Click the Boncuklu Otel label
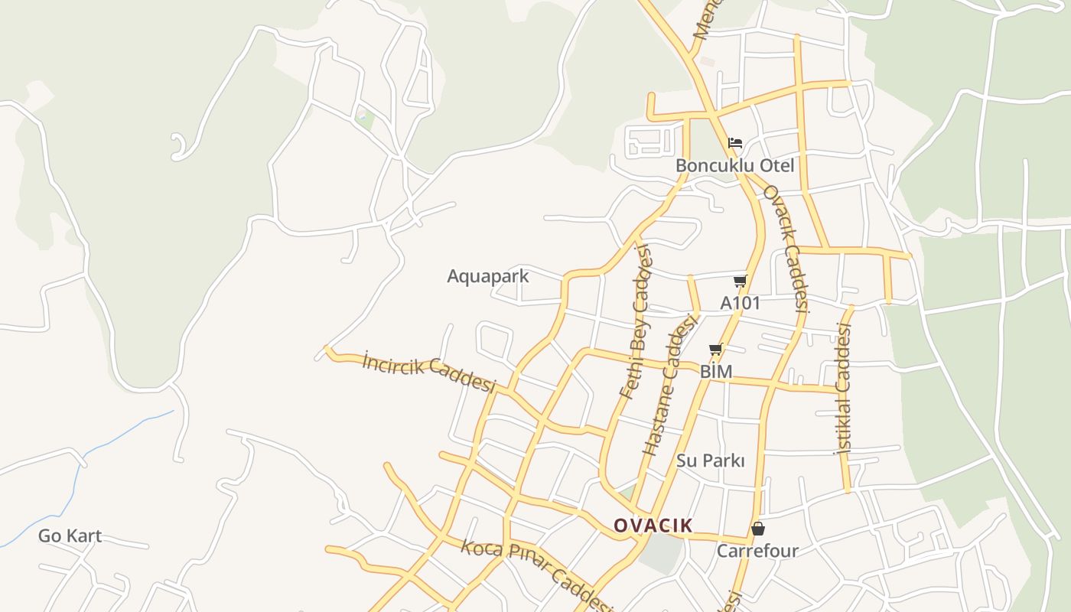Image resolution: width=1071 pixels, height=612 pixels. tap(734, 165)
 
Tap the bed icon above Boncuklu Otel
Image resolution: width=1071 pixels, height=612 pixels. tap(735, 143)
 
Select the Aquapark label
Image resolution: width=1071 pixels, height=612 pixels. tap(487, 276)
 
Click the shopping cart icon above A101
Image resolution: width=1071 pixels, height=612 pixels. tap(740, 282)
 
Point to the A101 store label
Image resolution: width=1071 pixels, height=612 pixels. tap(740, 303)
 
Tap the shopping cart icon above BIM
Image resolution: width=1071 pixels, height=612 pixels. tap(715, 350)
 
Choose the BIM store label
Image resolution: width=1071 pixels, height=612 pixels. tap(716, 372)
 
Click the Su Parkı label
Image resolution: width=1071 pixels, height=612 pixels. tap(710, 461)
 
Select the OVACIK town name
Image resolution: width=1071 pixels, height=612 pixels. tap(653, 526)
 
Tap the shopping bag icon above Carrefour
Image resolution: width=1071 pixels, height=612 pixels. tap(757, 529)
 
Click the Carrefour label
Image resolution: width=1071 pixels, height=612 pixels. tap(757, 551)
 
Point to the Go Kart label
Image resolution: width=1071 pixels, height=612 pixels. tap(70, 535)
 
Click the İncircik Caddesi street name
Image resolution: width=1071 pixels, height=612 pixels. tap(429, 372)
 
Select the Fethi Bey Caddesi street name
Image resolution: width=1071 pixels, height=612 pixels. tap(636, 321)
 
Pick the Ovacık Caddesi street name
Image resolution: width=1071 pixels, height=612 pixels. tap(786, 249)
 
